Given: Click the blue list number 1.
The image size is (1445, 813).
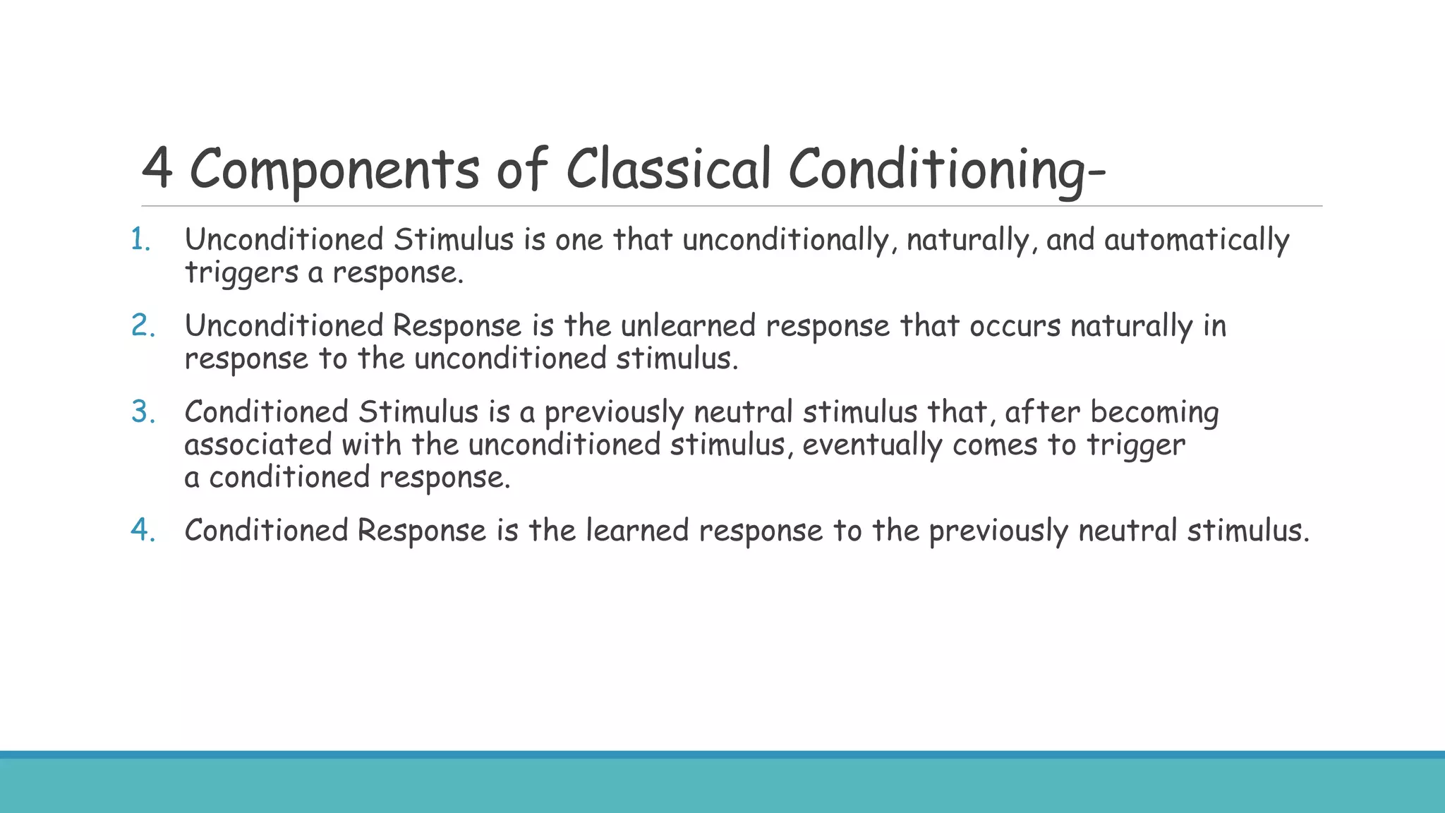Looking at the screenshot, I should pos(140,240).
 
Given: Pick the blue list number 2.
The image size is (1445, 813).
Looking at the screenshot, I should pos(143,326).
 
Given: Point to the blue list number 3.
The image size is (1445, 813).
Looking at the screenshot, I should pos(143,412).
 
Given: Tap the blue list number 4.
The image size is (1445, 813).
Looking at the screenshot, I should pos(143,531).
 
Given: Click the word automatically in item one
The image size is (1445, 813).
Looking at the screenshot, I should pos(1197,240).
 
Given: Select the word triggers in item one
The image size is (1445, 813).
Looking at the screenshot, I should pos(241,273).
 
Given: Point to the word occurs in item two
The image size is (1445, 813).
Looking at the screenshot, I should pos(1015,326).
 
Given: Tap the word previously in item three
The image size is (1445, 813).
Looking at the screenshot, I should pos(614,413).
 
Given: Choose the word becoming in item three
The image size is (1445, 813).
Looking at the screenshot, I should pos(1154,412).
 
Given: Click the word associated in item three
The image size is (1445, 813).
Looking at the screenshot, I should pos(258,445).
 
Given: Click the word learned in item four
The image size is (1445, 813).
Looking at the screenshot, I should pos(637,531).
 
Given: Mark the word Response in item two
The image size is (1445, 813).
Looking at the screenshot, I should pos(457,326).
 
